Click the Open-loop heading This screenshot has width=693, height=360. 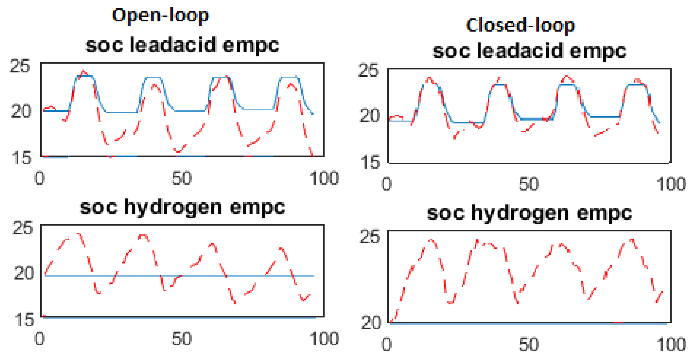(160, 15)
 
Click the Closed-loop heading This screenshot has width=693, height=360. (520, 26)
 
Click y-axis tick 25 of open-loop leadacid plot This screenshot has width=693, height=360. (20, 66)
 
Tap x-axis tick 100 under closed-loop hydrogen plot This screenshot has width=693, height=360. (671, 345)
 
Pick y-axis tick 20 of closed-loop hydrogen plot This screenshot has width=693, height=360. (371, 323)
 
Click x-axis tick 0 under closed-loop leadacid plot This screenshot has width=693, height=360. (387, 184)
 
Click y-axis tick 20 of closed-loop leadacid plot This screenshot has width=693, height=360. (370, 116)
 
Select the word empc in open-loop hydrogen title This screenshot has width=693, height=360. (258, 208)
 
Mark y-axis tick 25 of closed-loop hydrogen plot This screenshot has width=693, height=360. (370, 237)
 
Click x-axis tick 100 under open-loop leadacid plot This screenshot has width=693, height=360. (324, 178)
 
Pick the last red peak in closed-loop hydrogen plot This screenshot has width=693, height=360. (632, 239)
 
